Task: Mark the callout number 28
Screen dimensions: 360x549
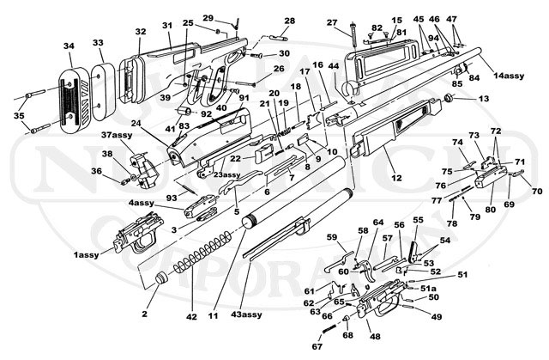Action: (x=289, y=21)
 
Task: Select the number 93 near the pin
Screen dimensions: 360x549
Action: (x=172, y=198)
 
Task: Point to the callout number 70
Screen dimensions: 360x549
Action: (x=538, y=191)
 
